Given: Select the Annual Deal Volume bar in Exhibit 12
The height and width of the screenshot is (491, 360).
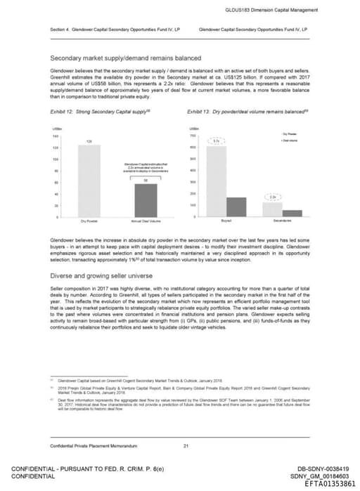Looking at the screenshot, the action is click(146, 199).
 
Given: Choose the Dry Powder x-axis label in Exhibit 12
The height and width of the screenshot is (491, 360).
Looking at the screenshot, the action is click(89, 222).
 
